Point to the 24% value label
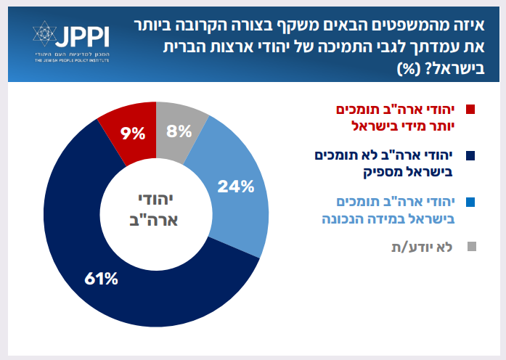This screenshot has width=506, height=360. pos(236,187)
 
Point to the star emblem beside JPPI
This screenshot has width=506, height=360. pos(44,36)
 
